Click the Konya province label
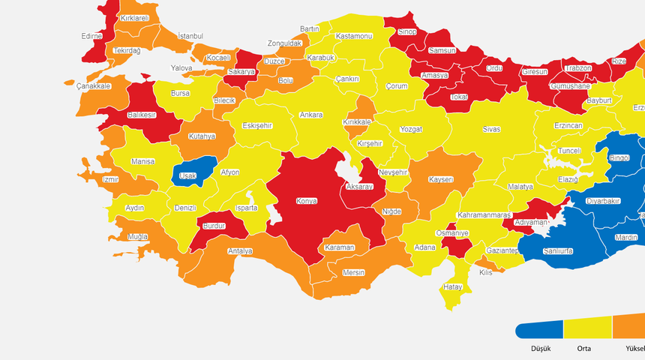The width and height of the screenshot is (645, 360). point(306,201)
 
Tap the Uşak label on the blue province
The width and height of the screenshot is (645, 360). point(187,175)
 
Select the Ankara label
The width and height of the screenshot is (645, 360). point(311,115)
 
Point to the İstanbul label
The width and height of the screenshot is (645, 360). point(190,36)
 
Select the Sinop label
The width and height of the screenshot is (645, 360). point(406,31)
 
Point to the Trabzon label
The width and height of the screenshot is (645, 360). point(577,68)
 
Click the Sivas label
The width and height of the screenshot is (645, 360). point(491,129)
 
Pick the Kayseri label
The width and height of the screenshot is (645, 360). point(441,180)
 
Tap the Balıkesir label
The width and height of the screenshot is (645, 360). point(141,115)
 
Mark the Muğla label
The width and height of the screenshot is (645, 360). point(138,236)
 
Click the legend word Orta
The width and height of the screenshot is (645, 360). point(583,349)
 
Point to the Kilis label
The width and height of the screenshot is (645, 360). point(486,272)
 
